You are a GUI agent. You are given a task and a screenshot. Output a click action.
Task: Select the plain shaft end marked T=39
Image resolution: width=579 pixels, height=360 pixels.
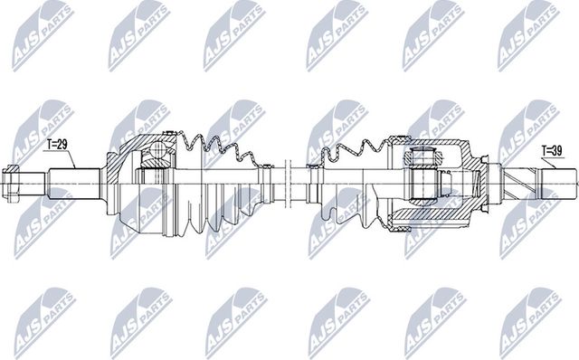click(557, 181)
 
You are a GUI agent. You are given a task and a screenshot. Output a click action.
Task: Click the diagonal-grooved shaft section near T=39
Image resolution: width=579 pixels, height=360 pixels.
click(520, 181)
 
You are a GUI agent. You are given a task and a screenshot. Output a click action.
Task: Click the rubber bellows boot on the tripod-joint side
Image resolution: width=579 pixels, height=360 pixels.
click(348, 181)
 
